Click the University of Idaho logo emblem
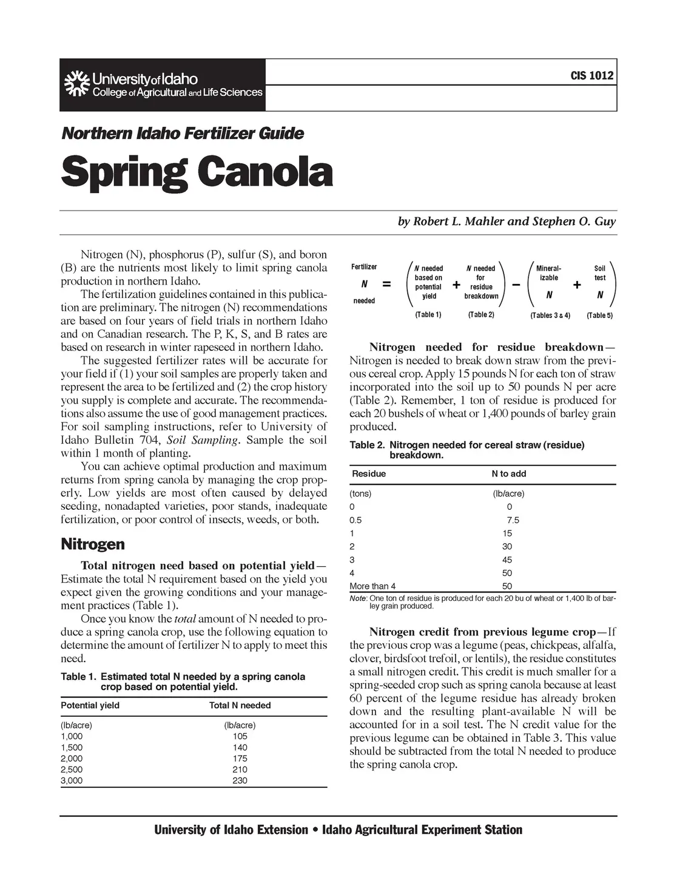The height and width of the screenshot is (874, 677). (76, 85)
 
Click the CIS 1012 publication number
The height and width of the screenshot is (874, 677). (591, 76)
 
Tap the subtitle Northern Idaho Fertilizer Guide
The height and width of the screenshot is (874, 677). (182, 134)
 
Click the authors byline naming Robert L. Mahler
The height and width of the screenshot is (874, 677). (507, 222)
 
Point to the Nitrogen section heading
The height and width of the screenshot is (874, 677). (93, 544)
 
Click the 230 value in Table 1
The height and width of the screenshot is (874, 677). (240, 781)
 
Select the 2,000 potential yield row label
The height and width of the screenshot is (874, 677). (72, 758)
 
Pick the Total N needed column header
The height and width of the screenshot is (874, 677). (240, 705)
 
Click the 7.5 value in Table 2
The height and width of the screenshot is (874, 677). (513, 520)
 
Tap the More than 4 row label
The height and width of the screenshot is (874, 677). (372, 586)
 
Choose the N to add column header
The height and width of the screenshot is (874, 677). (508, 473)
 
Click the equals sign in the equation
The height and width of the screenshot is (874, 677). (386, 284)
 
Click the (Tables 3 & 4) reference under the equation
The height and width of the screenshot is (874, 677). (550, 316)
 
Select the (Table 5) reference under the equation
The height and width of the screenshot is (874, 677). (599, 316)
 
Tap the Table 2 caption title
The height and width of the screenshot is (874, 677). (467, 450)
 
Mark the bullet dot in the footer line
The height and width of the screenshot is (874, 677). (315, 830)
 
